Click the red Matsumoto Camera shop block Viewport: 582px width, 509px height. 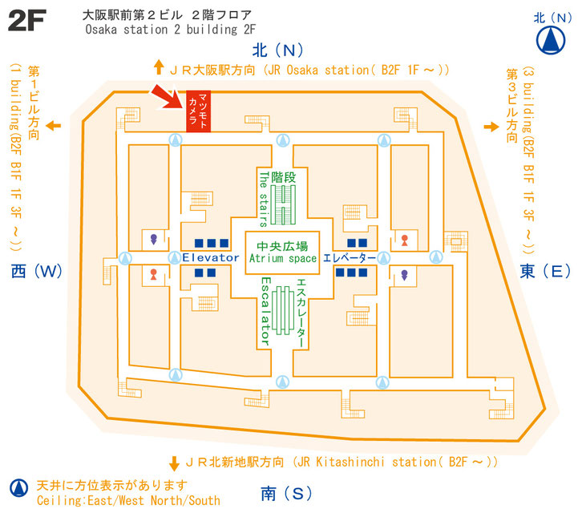coord(198,111)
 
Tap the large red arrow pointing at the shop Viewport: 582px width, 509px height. coord(167,97)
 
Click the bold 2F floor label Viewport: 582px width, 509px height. coord(27,20)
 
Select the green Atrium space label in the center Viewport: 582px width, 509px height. coord(283,258)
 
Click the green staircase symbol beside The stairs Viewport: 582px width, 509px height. coord(283,204)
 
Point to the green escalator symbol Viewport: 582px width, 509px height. coord(283,310)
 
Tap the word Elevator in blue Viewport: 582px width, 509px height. coord(211,257)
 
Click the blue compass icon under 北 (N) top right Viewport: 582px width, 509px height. coord(551,40)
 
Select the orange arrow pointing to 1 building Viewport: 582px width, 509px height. coord(54,126)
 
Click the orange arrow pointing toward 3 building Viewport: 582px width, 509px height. coord(491,127)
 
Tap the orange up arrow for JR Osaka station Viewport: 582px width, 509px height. coord(159,67)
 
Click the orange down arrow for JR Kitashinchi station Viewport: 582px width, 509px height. coord(174,463)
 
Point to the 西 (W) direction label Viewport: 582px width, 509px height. coord(36,272)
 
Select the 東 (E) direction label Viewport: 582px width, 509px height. coord(545,272)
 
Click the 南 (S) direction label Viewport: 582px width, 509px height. coord(286,494)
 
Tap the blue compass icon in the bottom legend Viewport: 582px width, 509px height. coord(18,488)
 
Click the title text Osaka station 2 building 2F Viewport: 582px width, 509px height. coord(171,30)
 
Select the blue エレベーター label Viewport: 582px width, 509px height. coord(350,257)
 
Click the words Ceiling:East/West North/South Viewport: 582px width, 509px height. coord(128,500)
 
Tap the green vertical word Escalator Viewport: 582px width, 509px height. coord(265,312)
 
